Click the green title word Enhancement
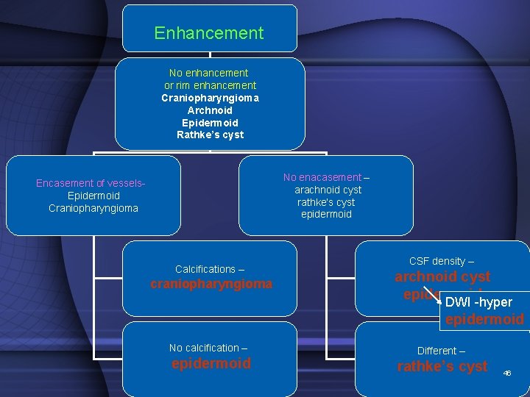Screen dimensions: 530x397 209,33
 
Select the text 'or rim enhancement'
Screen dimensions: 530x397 210,85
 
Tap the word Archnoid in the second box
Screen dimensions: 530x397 210,110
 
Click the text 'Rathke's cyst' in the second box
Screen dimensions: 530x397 210,135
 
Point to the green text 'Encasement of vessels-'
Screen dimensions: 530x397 91,183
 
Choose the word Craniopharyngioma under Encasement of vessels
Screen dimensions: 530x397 93,208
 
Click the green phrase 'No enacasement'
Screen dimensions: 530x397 322,177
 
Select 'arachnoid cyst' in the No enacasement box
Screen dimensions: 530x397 328,190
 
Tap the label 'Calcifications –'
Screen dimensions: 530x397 210,269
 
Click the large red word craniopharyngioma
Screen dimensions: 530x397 211,284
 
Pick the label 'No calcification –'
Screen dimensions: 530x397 208,348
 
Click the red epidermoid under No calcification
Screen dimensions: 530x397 211,363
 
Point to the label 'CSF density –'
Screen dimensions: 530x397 442,261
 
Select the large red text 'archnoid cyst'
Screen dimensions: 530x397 442,277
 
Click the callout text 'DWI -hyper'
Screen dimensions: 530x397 478,302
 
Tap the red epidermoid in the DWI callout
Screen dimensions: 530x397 484,319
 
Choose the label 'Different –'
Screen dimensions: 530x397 442,351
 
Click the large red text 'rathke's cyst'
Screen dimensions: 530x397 442,366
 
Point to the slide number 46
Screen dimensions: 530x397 506,373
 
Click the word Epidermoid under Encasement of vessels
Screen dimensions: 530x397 93,196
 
